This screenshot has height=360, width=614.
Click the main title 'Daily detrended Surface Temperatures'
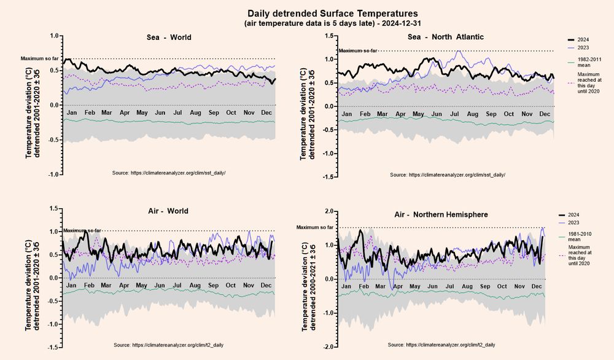(x=332, y=13)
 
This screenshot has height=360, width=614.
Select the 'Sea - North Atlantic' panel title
(x=446, y=37)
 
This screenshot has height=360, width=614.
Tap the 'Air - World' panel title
(x=168, y=211)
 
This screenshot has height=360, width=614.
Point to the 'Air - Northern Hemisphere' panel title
(x=441, y=215)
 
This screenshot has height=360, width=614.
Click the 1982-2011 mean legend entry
(x=583, y=63)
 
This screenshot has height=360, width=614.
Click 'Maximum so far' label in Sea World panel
(x=39, y=59)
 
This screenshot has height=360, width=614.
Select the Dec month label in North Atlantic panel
(x=545, y=115)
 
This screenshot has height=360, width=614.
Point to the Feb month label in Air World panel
(x=89, y=286)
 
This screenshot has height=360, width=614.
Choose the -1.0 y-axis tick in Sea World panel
(x=54, y=175)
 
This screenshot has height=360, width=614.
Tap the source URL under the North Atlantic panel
(x=448, y=175)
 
